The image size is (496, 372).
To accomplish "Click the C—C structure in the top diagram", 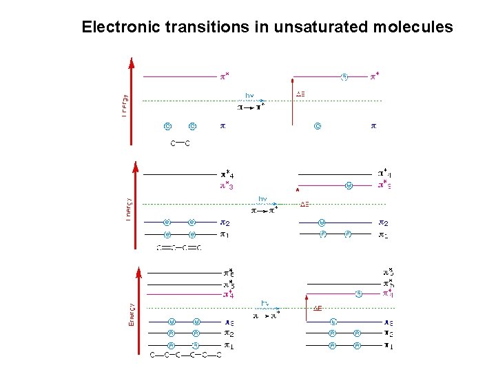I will coord(180,143).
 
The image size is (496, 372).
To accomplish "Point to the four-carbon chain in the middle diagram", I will coord(179,247).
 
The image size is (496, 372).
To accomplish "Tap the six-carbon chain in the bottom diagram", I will coord(186,355).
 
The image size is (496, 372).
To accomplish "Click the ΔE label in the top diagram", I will coord(301,94).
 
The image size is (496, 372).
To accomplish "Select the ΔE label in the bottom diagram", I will coord(318,308).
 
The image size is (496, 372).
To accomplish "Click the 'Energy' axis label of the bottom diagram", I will coord(132,315).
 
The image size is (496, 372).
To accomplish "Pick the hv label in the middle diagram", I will coord(262,199).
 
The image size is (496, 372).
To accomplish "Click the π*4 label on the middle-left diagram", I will coord(227,175).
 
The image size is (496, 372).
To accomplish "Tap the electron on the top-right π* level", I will coord(344,76).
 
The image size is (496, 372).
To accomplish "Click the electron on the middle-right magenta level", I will coord(349,185).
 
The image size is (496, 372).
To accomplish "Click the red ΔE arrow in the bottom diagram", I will coord(305,307).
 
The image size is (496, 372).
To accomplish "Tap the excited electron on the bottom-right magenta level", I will coord(359,293).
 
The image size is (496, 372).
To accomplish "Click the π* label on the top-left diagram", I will coord(225,76).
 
